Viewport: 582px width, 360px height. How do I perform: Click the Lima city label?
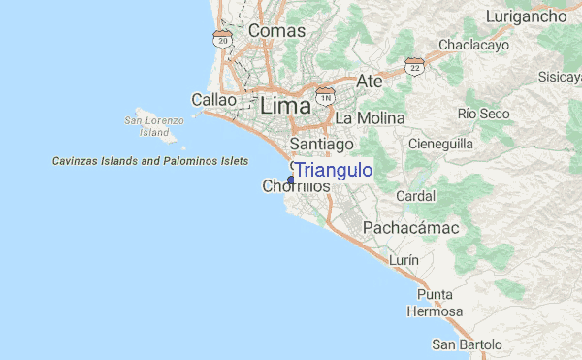point(284,105)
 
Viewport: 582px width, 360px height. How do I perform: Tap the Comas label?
point(276,31)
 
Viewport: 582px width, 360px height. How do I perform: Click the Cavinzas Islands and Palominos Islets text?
point(149,161)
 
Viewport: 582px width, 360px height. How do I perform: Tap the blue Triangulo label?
point(334,171)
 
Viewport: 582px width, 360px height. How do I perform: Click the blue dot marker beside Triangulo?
point(291,180)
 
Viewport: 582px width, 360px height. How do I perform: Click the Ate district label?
point(370,81)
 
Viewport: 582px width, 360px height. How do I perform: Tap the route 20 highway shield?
point(223,39)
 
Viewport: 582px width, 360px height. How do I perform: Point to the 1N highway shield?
point(325,99)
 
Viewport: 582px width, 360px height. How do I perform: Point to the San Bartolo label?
point(468,344)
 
